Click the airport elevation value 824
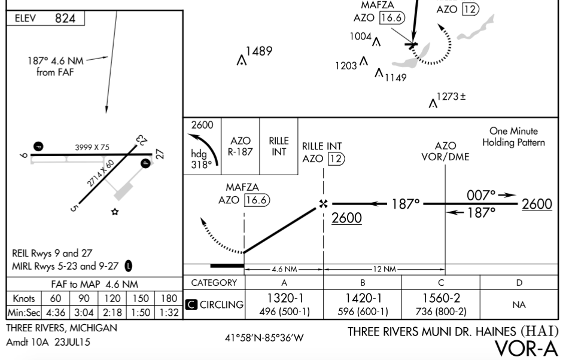[65, 19]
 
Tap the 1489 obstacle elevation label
[259, 51]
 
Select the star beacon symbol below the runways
[115, 212]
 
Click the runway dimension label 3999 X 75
[92, 147]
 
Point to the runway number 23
[142, 139]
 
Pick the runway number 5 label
[74, 208]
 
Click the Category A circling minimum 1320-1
[284, 298]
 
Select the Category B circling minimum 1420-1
[363, 298]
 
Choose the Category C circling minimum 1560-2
[441, 298]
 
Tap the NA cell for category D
[519, 305]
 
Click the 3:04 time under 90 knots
[84, 312]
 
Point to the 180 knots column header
[169, 298]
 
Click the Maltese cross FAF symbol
[324, 204]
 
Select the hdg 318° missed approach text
[201, 159]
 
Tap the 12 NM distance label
[385, 269]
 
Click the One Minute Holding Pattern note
[514, 137]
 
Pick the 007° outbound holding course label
[481, 195]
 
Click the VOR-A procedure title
[527, 349]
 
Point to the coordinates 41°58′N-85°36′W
[264, 338]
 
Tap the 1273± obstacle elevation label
[451, 97]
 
